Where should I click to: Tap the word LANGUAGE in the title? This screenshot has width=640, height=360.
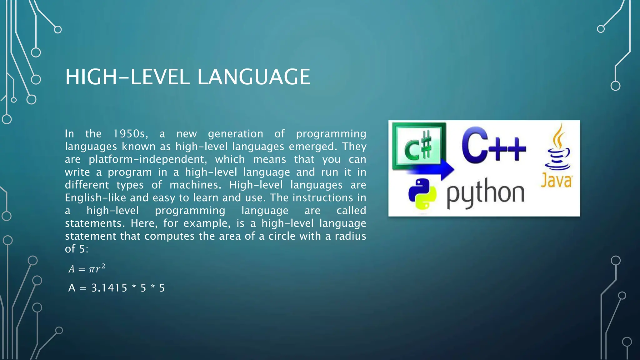(x=254, y=77)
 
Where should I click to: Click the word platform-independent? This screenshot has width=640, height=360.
(x=147, y=159)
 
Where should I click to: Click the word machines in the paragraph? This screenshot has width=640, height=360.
(x=195, y=185)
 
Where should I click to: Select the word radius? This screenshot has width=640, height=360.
(x=350, y=236)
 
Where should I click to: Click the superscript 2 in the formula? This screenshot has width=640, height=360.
(x=103, y=266)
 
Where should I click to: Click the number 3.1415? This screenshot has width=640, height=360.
(x=109, y=288)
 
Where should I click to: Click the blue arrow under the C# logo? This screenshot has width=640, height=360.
(x=437, y=169)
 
